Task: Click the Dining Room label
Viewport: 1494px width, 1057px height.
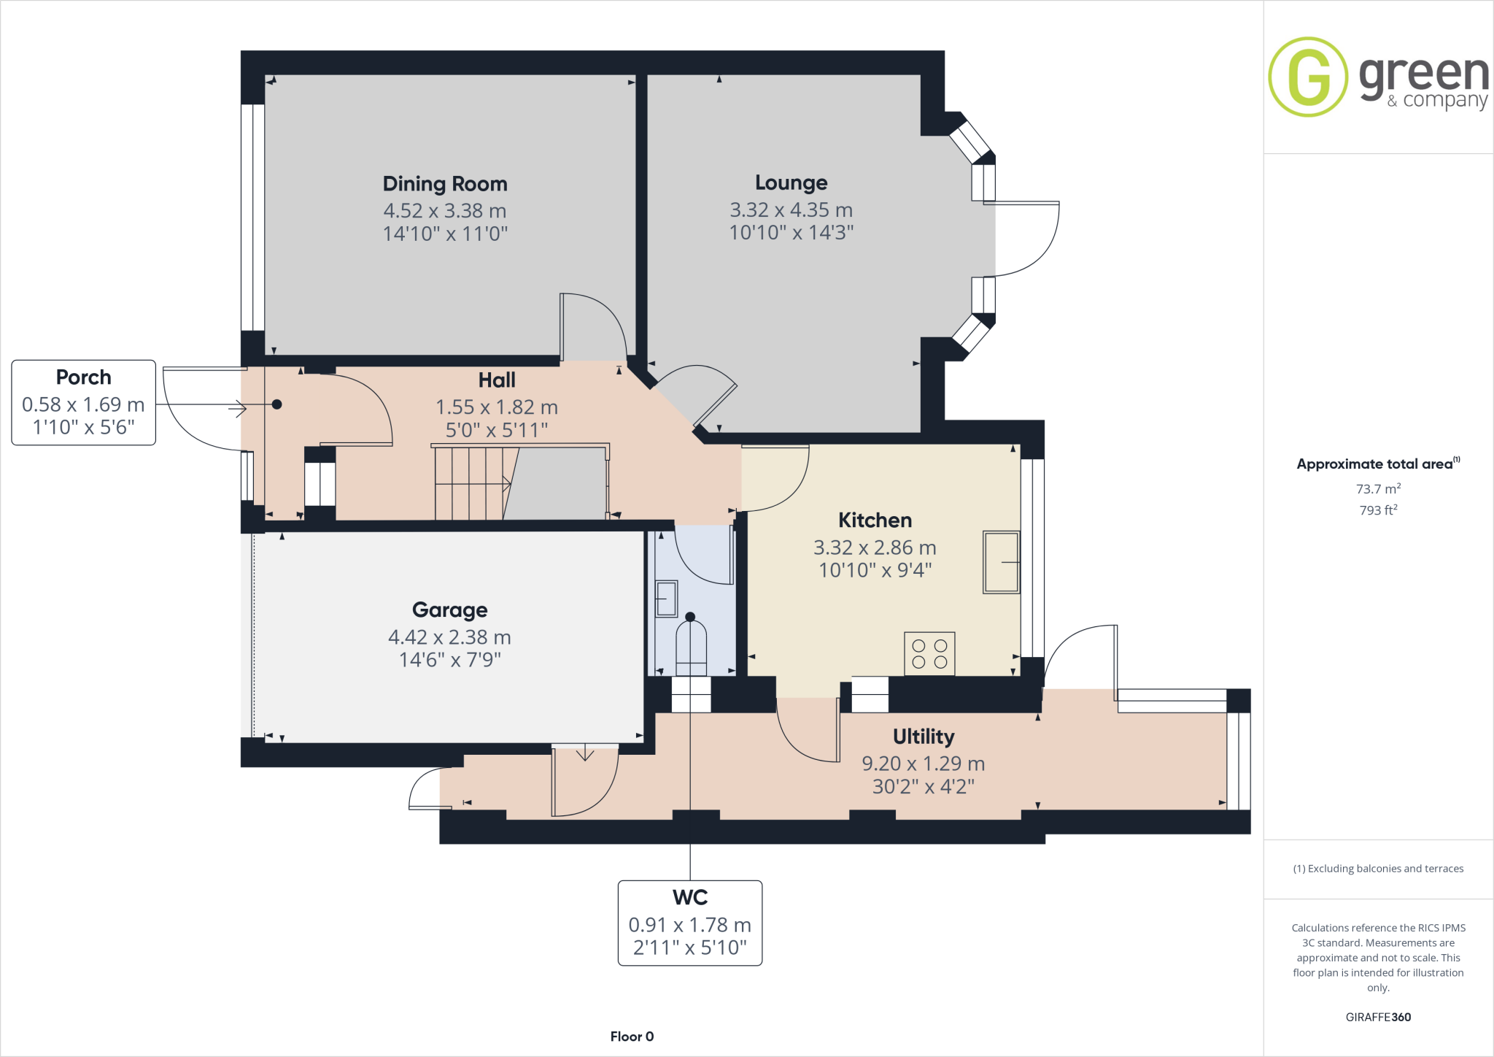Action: pyautogui.click(x=445, y=184)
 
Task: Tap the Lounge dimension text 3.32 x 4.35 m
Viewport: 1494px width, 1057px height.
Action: pyautogui.click(x=791, y=210)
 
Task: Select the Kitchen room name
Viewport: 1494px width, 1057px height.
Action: pyautogui.click(x=875, y=520)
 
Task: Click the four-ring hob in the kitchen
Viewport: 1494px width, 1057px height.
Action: pyautogui.click(x=929, y=653)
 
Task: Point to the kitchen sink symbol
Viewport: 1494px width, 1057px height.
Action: pyautogui.click(x=1001, y=562)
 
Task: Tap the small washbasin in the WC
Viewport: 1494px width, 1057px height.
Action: pyautogui.click(x=666, y=599)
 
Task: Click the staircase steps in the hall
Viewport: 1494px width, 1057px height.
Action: pyautogui.click(x=471, y=483)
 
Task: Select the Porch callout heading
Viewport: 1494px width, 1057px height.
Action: pyautogui.click(x=84, y=377)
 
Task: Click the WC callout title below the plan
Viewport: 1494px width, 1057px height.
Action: pyautogui.click(x=690, y=897)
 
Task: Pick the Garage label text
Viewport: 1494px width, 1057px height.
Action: pyautogui.click(x=449, y=610)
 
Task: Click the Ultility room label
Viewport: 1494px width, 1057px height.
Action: pyautogui.click(x=923, y=737)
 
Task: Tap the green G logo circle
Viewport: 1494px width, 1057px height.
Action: pyautogui.click(x=1308, y=77)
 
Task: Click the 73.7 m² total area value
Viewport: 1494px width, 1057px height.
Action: pyautogui.click(x=1378, y=489)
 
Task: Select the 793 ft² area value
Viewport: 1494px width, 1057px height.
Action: pyautogui.click(x=1378, y=510)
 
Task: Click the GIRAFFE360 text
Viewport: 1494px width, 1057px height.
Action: pyautogui.click(x=1378, y=1017)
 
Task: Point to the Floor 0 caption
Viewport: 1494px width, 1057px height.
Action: pyautogui.click(x=632, y=1037)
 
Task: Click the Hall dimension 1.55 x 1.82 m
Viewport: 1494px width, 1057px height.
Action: pyautogui.click(x=496, y=407)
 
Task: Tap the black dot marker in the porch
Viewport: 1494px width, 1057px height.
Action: pyautogui.click(x=277, y=404)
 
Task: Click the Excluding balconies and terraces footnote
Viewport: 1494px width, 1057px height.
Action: pyautogui.click(x=1378, y=869)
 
